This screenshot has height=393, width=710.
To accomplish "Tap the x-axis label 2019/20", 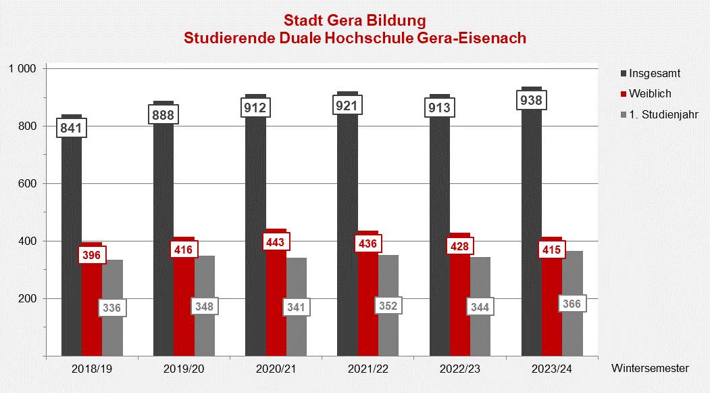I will tap(184, 369).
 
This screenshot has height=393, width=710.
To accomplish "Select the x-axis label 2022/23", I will tap(461, 369).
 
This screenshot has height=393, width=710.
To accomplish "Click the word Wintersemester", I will tap(650, 369).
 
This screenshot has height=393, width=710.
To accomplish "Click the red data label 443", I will tap(276, 242).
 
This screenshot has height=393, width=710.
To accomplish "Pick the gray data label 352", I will tap(388, 306).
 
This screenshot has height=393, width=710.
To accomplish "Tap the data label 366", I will tap(572, 304).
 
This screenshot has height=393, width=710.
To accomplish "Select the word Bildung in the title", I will tap(392, 20).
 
